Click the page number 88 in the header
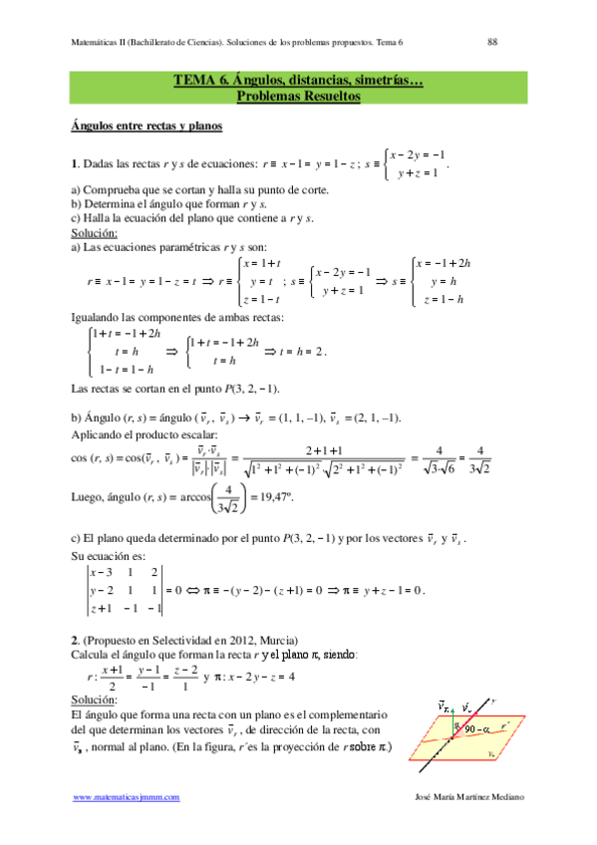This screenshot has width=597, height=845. coord(491,42)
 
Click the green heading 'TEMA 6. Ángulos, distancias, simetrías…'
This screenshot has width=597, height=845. coord(298,82)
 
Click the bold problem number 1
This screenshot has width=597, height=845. coord(75,164)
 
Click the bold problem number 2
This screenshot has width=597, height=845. coord(75,637)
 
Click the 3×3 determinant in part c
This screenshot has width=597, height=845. coord(124,590)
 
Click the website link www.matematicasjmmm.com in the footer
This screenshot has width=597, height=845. coord(127,798)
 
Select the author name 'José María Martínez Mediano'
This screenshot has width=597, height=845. coord(467,798)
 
